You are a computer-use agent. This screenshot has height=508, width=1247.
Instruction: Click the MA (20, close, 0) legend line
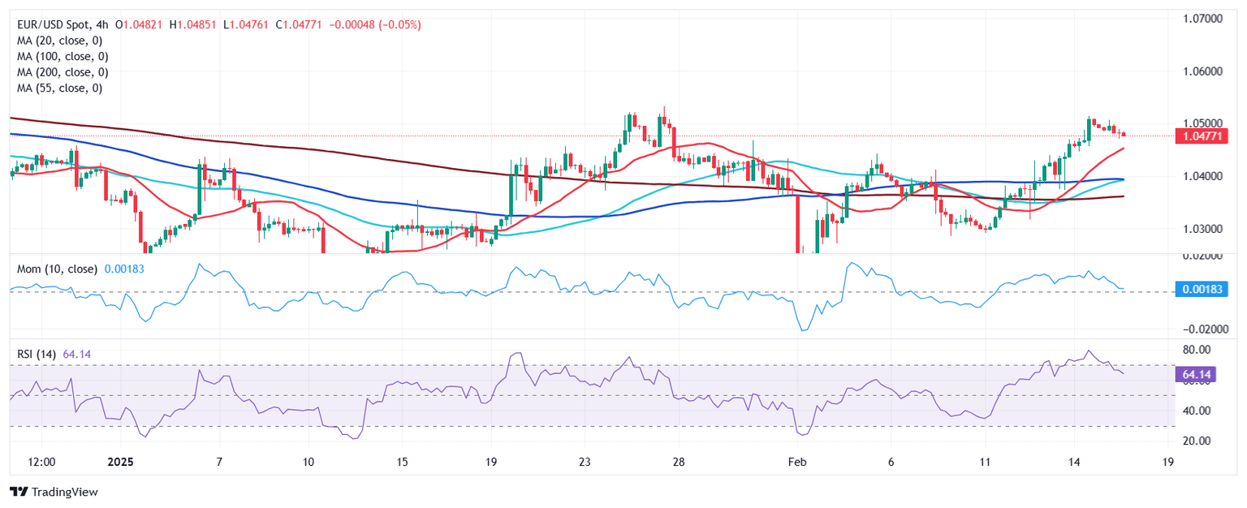[x=62, y=41]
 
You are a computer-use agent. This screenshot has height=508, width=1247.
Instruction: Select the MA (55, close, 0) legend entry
[x=62, y=88]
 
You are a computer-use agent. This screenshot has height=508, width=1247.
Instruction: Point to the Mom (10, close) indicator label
[x=57, y=269]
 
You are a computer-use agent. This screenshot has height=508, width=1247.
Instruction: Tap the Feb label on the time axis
[x=798, y=461]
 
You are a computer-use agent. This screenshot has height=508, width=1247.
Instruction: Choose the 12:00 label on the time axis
[x=41, y=461]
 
